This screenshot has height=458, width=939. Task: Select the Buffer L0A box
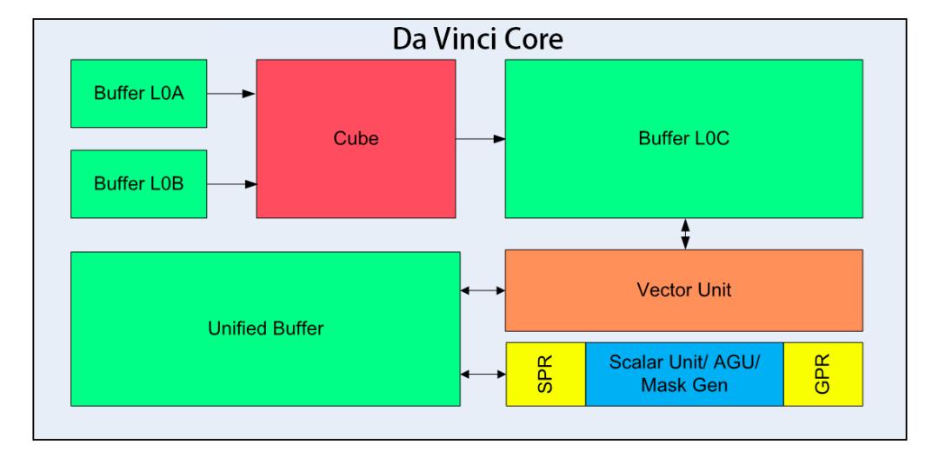click(139, 94)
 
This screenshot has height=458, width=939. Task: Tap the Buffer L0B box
click(139, 184)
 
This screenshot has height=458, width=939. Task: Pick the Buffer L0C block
click(683, 138)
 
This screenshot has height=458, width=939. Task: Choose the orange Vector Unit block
click(683, 290)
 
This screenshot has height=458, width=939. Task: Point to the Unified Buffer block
click(265, 329)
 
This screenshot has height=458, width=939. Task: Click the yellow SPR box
click(546, 374)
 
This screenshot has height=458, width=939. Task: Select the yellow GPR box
click(822, 374)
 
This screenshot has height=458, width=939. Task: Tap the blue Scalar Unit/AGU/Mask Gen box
click(684, 374)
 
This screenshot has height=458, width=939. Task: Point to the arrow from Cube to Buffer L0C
click(481, 138)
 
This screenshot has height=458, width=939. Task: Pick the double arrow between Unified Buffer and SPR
click(483, 374)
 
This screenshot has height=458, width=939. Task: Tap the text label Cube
click(356, 138)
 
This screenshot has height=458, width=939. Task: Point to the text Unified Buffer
click(265, 329)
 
